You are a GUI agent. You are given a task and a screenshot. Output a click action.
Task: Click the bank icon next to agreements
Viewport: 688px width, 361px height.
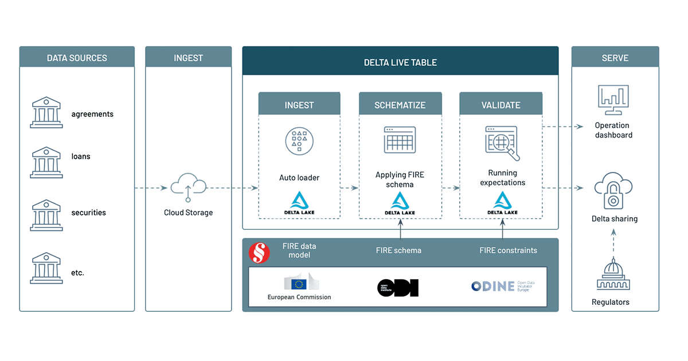(46, 112)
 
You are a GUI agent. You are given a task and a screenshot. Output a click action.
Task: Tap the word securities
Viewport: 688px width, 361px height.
(88, 213)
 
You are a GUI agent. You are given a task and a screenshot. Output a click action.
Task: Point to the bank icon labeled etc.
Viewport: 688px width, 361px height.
(46, 268)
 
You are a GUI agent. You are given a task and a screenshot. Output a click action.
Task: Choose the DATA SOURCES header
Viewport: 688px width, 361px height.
(77, 58)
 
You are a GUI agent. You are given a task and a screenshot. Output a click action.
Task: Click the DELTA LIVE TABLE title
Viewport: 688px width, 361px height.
(400, 62)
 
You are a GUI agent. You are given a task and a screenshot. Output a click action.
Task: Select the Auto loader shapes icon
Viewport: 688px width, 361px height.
(299, 141)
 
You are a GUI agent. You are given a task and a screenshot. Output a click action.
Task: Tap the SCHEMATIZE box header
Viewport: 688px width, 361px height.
(400, 105)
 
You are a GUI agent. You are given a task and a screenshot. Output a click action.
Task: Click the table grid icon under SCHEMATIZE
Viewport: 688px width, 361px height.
(400, 140)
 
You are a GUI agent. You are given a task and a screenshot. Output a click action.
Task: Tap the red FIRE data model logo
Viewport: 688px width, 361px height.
(259, 253)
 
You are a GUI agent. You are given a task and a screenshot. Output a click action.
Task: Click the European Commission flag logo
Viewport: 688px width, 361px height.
(299, 283)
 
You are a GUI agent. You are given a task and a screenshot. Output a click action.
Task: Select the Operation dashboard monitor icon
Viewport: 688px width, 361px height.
(613, 102)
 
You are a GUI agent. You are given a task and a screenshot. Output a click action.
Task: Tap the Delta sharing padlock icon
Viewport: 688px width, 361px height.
(613, 193)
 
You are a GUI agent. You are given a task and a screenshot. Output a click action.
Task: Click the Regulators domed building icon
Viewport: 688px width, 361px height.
(613, 274)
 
